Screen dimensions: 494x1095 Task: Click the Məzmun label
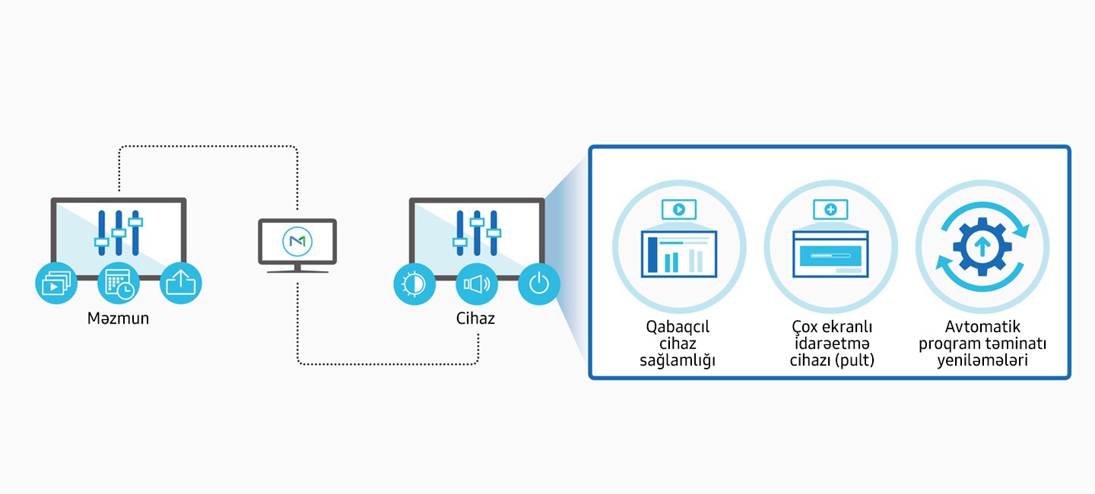[x=118, y=318]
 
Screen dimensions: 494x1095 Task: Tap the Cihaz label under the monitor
[x=475, y=318]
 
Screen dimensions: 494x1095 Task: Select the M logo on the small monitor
[x=297, y=242]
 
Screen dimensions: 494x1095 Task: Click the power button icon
[x=539, y=284]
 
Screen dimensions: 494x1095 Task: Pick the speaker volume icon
[x=477, y=284]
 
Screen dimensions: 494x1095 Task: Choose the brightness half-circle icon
[x=414, y=284]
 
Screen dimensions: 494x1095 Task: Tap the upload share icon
[x=181, y=284]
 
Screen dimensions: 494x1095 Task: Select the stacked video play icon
[x=56, y=284]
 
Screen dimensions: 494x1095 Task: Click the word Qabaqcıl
[x=678, y=328]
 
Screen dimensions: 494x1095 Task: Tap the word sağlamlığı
[x=678, y=360]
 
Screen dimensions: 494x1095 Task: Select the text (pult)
[x=855, y=360]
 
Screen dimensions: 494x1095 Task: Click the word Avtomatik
[x=982, y=328]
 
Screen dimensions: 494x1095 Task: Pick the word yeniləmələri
[x=982, y=360]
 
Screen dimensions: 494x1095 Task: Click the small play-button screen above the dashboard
[x=679, y=208]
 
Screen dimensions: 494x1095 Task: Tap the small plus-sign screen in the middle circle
[x=830, y=208]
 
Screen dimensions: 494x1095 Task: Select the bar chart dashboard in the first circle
[x=679, y=254]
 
